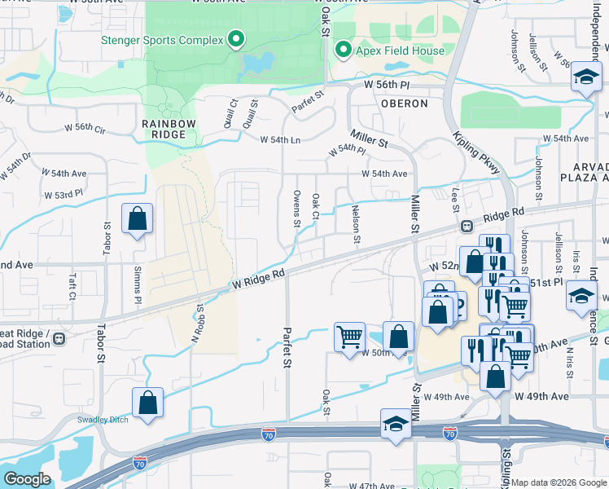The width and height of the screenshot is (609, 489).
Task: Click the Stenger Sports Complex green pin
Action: pyautogui.click(x=236, y=38)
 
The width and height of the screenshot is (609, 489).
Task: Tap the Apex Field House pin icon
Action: pyautogui.click(x=343, y=51)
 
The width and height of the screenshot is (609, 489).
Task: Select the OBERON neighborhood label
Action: pyautogui.click(x=404, y=104)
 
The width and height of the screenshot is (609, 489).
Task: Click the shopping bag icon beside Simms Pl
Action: pyautogui.click(x=137, y=218)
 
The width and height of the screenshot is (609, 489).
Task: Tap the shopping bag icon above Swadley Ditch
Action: pyautogui.click(x=147, y=403)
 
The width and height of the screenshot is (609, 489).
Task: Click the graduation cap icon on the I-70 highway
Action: pyautogui.click(x=396, y=424)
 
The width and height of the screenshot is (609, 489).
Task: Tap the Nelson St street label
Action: pyautogui.click(x=356, y=224)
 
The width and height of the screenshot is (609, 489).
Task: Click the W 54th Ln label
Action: pyautogui.click(x=280, y=140)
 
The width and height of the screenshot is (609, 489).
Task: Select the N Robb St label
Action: pyautogui.click(x=195, y=324)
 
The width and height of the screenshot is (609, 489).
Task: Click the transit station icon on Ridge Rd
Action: pyautogui.click(x=467, y=226)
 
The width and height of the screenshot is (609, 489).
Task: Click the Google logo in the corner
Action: pyautogui.click(x=27, y=479)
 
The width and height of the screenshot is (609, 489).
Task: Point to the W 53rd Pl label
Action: pyautogui.click(x=64, y=195)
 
